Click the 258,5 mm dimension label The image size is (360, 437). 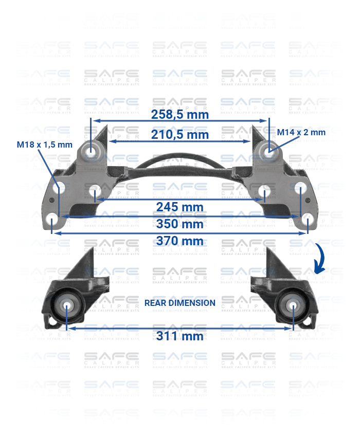pyautogui.click(x=180, y=114)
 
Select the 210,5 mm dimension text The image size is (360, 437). pyautogui.click(x=180, y=135)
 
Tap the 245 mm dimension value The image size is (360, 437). pyautogui.click(x=180, y=207)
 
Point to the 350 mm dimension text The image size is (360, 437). pyautogui.click(x=180, y=224)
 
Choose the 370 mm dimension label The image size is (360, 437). pyautogui.click(x=180, y=241)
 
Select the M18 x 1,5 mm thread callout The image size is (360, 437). pyautogui.click(x=45, y=144)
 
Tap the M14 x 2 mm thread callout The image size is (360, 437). pyautogui.click(x=301, y=132)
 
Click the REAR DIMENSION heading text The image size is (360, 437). pyautogui.click(x=180, y=303)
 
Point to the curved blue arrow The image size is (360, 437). pyautogui.click(x=320, y=260)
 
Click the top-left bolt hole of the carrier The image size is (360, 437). pyautogui.click(x=92, y=152)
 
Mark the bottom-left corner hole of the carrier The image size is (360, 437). pyautogui.click(x=52, y=221)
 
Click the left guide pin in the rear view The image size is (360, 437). pyautogui.click(x=67, y=305)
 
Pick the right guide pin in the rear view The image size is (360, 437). pyautogui.click(x=293, y=305)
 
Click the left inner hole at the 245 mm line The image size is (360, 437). pyautogui.click(x=97, y=193)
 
